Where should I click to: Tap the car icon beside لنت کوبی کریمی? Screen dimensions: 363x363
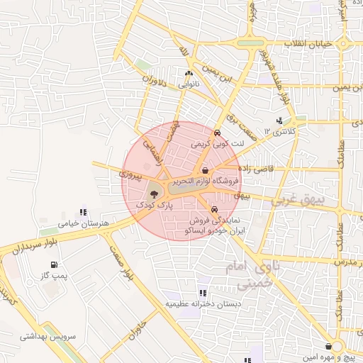[216, 133]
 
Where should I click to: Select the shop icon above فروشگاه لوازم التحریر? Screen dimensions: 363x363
[205, 170]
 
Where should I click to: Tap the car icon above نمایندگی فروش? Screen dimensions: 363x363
[214, 209]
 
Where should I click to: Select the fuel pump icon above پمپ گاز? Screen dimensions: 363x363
[54, 264]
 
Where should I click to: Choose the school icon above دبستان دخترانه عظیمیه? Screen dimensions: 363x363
[203, 292]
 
